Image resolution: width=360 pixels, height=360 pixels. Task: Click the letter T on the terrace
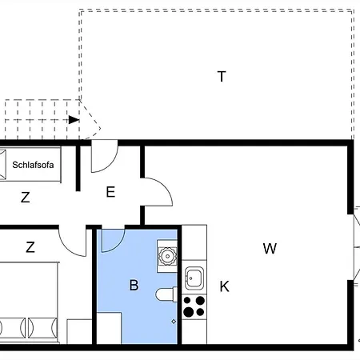[x=222, y=77]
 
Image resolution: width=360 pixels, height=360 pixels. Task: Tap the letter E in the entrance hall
[x=110, y=191]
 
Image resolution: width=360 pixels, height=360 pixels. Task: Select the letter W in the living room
[x=270, y=248]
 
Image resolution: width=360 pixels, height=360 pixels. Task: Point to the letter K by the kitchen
[x=225, y=286]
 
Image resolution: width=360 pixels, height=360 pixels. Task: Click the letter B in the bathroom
[x=134, y=284]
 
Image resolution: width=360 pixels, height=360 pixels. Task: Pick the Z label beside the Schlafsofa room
[x=26, y=198]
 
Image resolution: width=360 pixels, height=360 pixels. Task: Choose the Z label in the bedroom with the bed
[x=30, y=247]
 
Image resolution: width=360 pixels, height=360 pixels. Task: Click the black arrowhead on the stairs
[x=74, y=120]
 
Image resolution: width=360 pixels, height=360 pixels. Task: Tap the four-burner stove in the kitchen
[x=194, y=306]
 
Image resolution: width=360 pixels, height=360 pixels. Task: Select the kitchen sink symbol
[x=194, y=278]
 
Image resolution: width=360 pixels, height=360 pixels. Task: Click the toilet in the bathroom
[x=166, y=294]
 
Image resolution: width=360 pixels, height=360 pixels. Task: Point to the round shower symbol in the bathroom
[x=167, y=256]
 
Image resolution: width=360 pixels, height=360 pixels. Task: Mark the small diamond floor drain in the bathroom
[x=174, y=321]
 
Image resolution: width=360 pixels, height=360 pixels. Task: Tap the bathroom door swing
[x=112, y=239]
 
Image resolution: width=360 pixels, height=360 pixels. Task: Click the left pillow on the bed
[x=10, y=328]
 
